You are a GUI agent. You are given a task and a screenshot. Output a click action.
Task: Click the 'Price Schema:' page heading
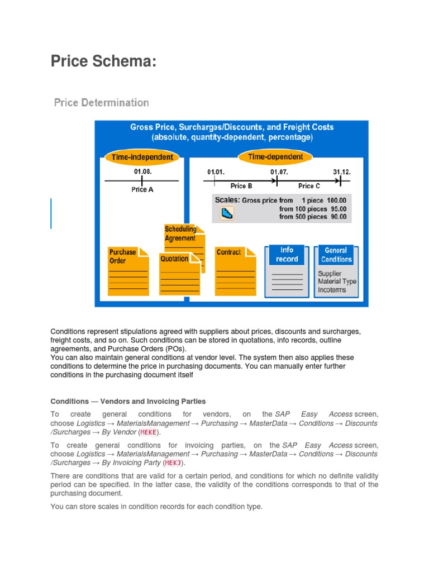tap(103, 61)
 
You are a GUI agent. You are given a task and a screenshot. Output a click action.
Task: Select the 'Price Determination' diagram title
tap(101, 103)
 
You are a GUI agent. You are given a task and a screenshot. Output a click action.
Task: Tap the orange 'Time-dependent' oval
tap(275, 156)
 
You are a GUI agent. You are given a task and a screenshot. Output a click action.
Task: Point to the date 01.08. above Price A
tap(142, 171)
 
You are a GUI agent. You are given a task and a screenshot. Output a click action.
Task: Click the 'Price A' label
tap(142, 189)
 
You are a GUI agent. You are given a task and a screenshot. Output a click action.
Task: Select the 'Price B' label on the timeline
tap(241, 186)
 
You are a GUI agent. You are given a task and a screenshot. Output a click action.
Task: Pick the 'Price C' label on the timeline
tap(309, 186)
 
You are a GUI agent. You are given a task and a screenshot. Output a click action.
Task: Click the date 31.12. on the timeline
tap(342, 172)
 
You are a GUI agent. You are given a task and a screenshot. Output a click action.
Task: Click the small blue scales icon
tap(227, 213)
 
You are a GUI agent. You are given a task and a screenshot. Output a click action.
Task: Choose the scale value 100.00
tap(336, 200)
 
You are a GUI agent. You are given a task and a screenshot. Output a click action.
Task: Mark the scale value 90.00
tap(338, 217)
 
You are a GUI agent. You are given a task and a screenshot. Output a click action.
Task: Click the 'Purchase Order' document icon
tap(128, 271)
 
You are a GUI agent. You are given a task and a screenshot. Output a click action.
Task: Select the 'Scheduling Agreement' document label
tap(180, 234)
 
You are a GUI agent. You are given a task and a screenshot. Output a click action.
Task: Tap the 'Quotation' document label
tap(174, 259)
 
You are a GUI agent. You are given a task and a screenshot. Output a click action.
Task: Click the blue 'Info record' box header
tap(287, 255)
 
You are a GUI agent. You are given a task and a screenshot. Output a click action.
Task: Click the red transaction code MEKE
tap(148, 432)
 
